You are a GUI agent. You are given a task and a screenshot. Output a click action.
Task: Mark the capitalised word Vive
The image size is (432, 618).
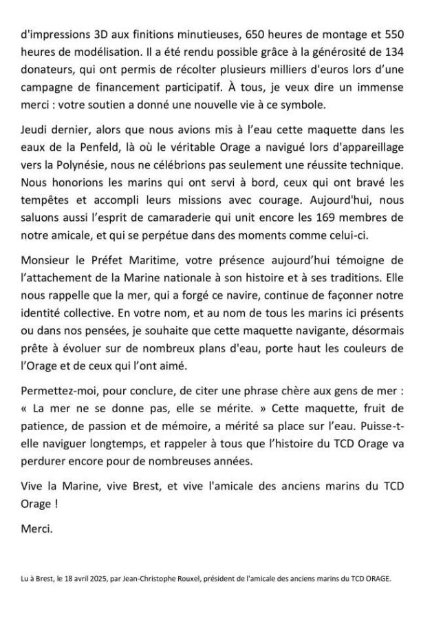coord(34,487)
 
